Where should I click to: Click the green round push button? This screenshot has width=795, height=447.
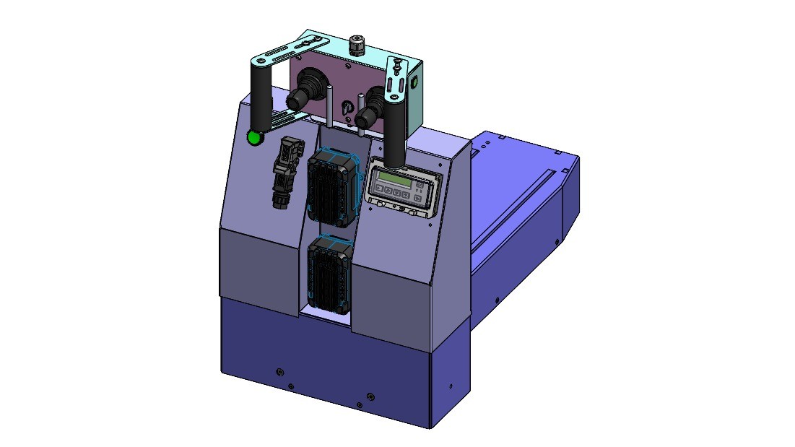click(x=254, y=137)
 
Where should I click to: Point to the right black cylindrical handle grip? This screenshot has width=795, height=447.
click(x=394, y=134)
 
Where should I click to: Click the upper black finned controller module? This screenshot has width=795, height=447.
click(x=333, y=186)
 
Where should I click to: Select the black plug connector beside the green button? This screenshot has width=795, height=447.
click(x=284, y=172)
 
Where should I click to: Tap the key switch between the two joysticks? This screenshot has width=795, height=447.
click(x=346, y=108)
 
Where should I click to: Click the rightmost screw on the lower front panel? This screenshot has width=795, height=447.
click(x=370, y=396)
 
